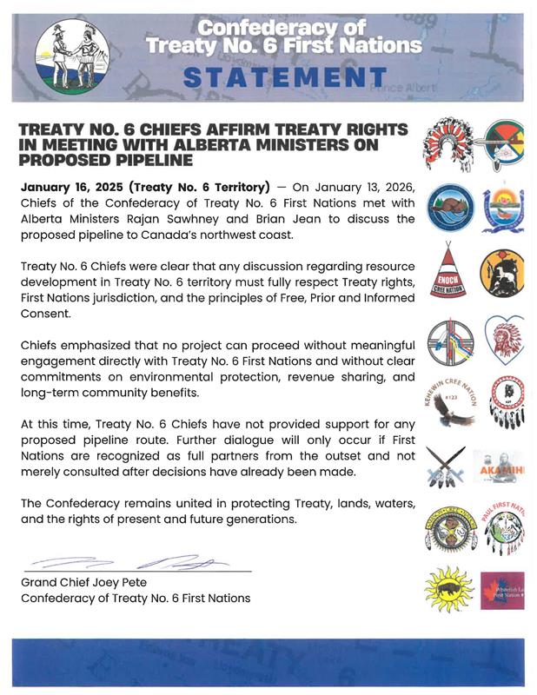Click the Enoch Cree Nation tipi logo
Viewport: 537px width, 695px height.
[x=447, y=270]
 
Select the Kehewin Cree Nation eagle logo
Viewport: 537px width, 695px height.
[x=450, y=398]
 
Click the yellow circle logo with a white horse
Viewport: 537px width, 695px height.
[x=503, y=272]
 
